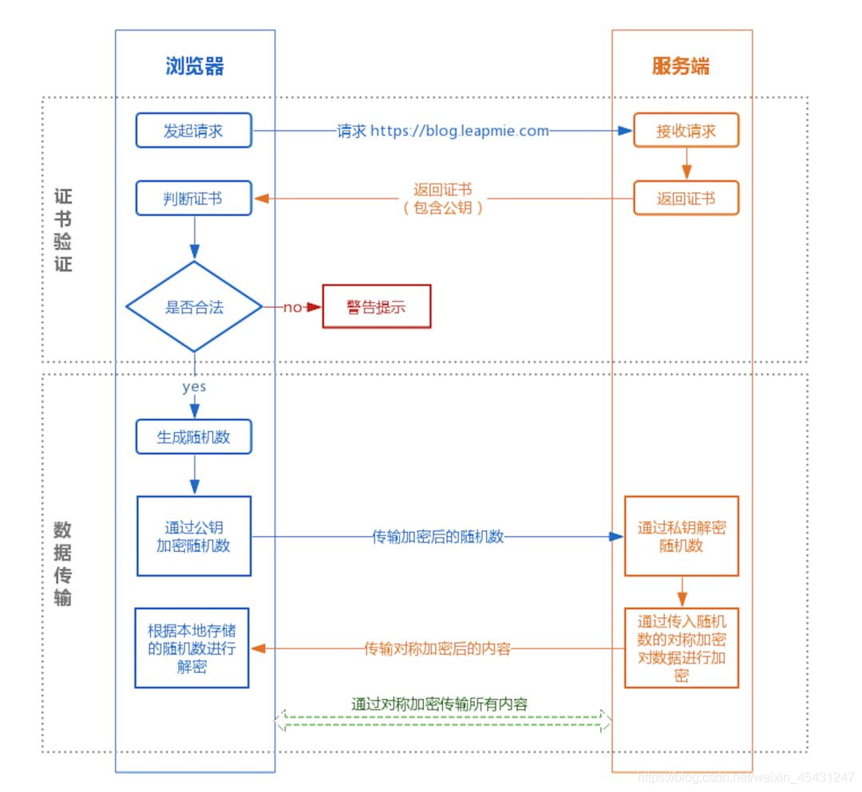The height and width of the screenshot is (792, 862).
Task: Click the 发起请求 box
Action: [x=193, y=131]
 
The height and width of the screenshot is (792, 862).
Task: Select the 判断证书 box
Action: [x=193, y=199]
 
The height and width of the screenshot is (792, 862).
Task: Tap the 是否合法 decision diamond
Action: [x=194, y=307]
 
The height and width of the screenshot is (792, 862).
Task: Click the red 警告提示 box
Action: [x=376, y=307]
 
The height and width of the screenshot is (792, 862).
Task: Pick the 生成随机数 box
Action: [x=193, y=437]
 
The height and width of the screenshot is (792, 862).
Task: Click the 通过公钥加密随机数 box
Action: [x=194, y=536]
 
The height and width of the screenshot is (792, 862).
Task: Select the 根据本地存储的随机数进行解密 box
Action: [x=192, y=648]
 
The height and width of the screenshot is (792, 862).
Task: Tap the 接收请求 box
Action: [x=686, y=131]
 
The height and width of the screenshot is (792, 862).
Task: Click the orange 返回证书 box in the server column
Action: [x=686, y=199]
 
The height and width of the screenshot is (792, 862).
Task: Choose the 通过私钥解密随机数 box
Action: [x=681, y=536]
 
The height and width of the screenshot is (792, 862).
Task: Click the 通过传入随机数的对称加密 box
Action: [x=681, y=648]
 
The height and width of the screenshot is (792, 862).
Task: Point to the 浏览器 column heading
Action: [x=195, y=65]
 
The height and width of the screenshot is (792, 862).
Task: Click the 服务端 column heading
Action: [x=680, y=65]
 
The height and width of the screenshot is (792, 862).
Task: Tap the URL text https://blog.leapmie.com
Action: [x=459, y=131]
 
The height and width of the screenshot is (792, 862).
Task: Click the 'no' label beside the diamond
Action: [x=293, y=307]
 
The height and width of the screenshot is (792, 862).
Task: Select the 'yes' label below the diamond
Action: [x=193, y=387]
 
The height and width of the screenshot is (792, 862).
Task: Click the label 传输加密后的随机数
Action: [x=438, y=537]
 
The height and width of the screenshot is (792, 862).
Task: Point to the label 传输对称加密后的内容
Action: [x=437, y=648]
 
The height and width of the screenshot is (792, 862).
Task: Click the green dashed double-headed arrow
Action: [x=443, y=722]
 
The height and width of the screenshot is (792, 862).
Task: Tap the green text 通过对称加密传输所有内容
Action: [x=439, y=703]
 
